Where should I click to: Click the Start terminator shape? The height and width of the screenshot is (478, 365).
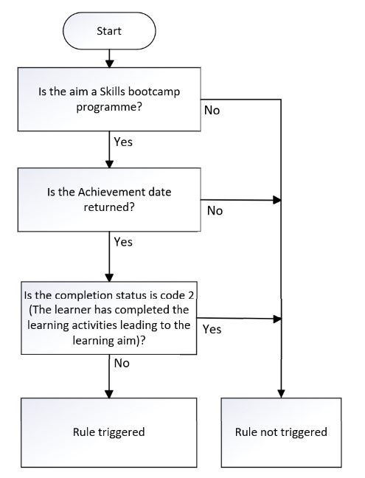click(109, 32)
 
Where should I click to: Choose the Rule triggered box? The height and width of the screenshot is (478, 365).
click(109, 432)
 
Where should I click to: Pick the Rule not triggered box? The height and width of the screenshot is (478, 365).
click(281, 432)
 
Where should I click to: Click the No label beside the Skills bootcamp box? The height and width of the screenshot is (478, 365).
click(212, 110)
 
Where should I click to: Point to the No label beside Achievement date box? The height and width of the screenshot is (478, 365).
click(215, 210)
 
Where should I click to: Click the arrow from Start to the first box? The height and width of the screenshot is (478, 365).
click(109, 57)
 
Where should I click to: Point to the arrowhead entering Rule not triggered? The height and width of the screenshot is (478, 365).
click(281, 392)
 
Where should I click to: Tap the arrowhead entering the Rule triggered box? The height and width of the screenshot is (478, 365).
click(109, 392)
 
